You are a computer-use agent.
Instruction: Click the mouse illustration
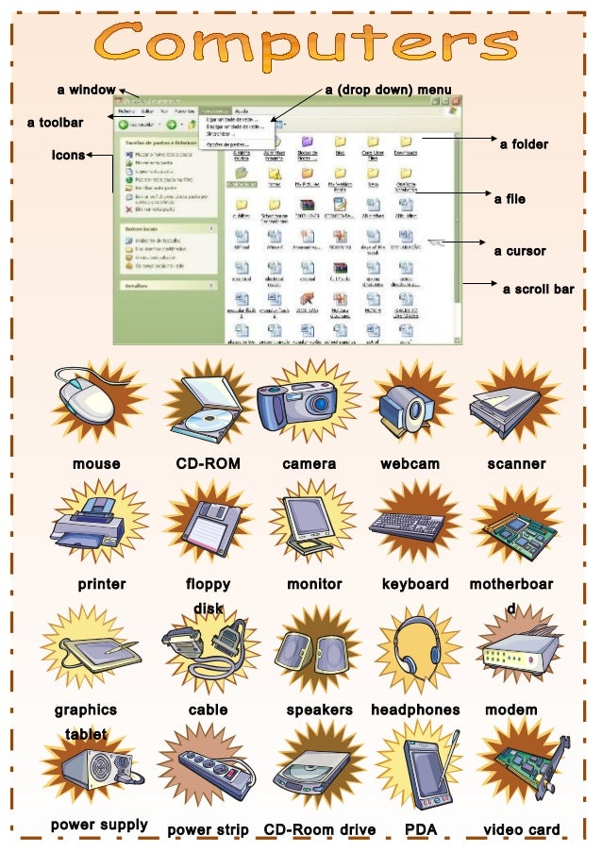tap(88, 403)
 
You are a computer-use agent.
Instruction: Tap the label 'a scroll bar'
tap(538, 290)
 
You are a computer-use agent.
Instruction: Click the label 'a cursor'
tap(520, 252)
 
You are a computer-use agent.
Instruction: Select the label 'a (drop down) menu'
tap(388, 91)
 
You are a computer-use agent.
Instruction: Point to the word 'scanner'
tap(516, 463)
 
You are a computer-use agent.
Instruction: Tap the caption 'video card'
tap(521, 830)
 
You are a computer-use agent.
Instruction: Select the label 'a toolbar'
tap(55, 123)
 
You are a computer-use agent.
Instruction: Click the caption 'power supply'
tap(99, 826)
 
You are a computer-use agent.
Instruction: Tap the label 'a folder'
tap(524, 144)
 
